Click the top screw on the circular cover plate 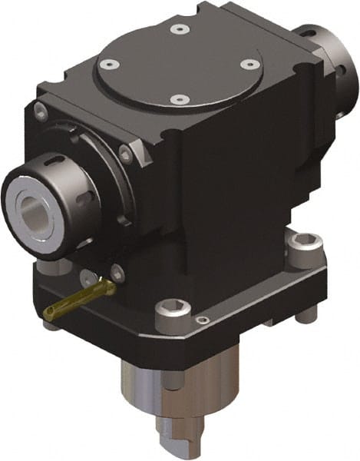179,28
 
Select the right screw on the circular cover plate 248,65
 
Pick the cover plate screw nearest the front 178,99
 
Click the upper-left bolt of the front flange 41,113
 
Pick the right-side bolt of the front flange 124,155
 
